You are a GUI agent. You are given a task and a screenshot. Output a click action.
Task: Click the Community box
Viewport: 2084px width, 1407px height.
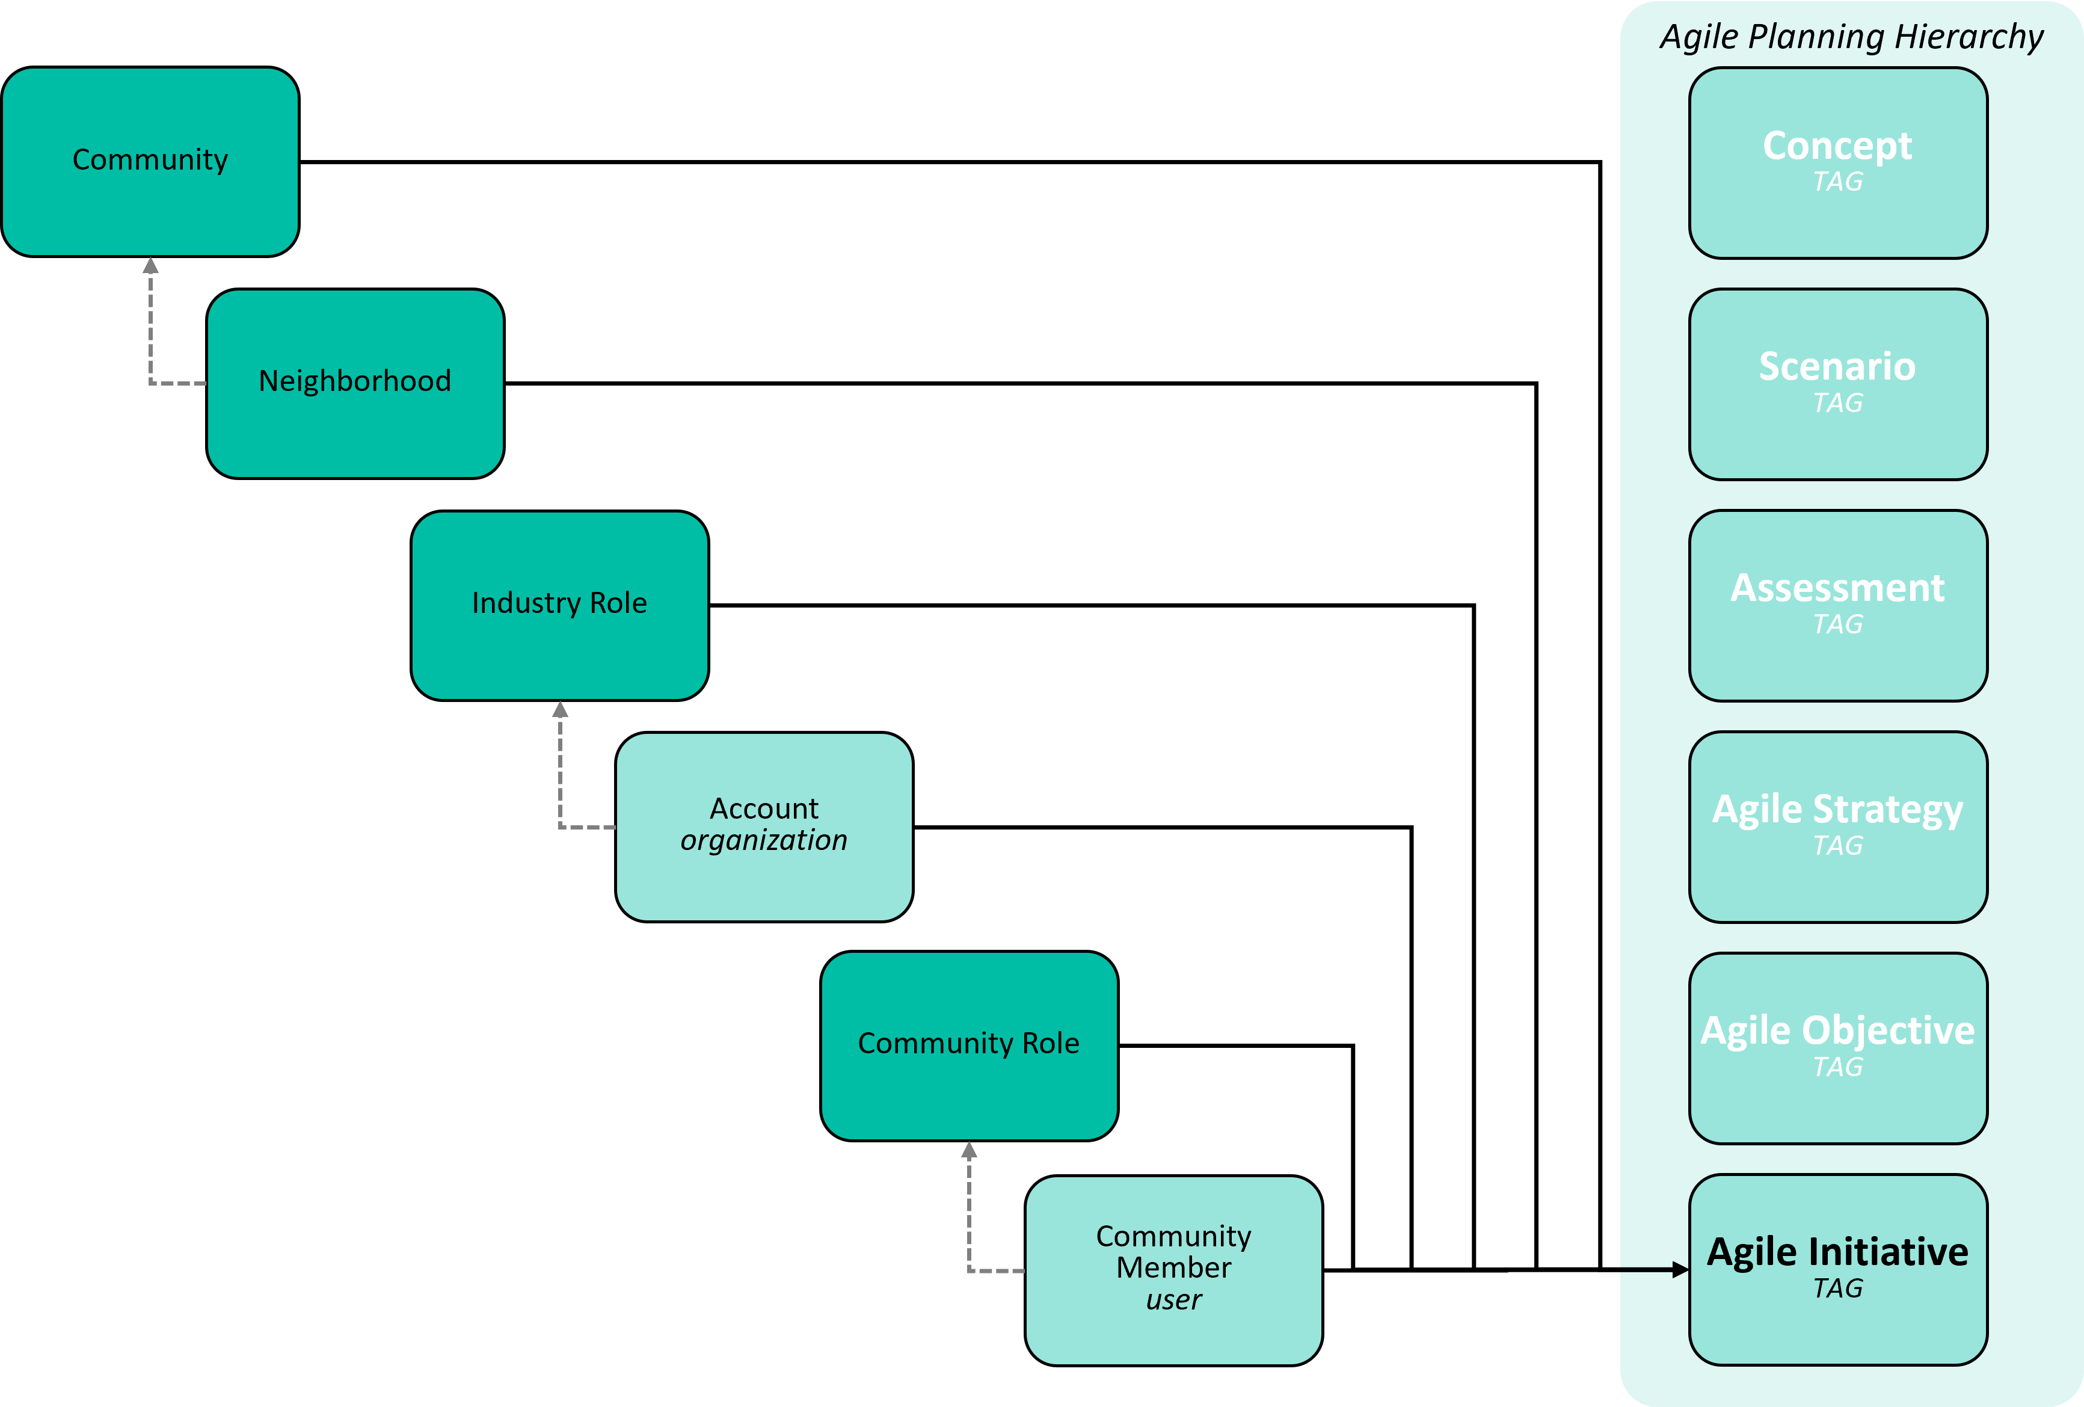[150, 161]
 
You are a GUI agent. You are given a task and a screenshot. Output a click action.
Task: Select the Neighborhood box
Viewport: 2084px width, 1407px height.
[355, 383]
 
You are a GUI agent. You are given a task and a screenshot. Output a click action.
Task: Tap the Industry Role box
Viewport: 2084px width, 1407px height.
[559, 605]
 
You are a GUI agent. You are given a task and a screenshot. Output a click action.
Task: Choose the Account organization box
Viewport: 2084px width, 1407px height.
[764, 827]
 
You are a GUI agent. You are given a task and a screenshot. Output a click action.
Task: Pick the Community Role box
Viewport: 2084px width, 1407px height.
[968, 1045]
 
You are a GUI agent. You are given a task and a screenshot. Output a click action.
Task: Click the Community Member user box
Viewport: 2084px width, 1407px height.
[1174, 1270]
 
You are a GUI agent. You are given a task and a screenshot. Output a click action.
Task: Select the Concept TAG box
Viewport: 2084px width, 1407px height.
[1838, 163]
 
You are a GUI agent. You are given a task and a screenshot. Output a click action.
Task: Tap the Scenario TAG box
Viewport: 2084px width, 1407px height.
[1838, 384]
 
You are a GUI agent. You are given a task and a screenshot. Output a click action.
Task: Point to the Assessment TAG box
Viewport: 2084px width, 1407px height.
[1838, 605]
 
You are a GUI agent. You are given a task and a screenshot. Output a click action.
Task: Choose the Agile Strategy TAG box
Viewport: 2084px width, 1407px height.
[1838, 827]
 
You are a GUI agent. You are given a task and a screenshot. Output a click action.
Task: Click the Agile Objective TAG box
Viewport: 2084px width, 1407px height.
[1838, 1048]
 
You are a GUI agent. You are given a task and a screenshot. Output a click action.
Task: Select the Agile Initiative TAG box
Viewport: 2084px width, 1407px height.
[1838, 1270]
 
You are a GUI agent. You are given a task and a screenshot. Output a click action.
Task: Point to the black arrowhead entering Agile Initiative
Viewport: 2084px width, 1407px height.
[1680, 1270]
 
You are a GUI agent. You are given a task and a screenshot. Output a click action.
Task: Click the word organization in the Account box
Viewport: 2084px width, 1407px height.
[764, 840]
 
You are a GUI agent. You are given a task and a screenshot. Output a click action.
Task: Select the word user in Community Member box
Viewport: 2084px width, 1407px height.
[1174, 1299]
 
